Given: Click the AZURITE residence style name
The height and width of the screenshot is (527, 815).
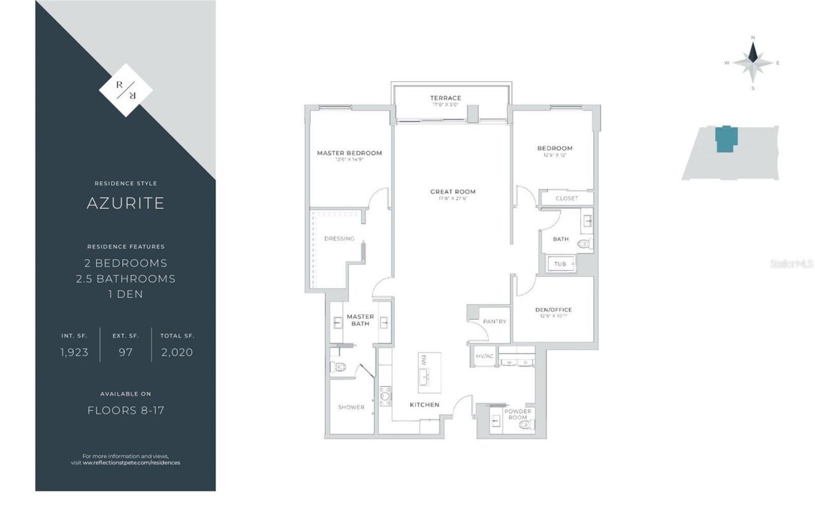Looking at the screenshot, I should tap(125, 203).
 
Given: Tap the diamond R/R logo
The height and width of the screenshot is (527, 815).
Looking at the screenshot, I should tap(125, 90).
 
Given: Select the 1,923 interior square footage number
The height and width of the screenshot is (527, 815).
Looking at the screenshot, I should tap(74, 352).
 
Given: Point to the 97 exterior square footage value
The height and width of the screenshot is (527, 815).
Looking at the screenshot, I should tap(125, 352).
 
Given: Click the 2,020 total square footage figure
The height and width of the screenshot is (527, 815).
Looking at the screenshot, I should tap(177, 352).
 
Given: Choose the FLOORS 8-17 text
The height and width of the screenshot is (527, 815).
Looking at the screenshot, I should tap(125, 411).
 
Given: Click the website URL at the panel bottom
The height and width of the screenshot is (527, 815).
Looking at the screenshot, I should tap(131, 463).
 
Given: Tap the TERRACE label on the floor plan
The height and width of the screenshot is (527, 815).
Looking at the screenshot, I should tap(446, 98).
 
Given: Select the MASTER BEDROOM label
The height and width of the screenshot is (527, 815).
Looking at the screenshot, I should tap(350, 153).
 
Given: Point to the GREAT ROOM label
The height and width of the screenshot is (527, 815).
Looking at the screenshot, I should tap(453, 192).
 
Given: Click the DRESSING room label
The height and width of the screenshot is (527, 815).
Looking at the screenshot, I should tap(339, 239).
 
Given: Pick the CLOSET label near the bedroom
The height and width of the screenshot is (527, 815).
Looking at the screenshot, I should tap(567, 199).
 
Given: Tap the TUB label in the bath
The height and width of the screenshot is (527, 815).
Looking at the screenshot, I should tap(560, 264).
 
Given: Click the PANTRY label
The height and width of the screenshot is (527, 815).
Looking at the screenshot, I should tap(495, 322).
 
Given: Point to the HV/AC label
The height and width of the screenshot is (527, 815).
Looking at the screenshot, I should tap(485, 356).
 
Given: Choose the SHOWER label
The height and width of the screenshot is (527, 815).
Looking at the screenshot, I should tap(351, 407).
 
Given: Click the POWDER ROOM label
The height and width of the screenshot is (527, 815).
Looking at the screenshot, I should tap(518, 414).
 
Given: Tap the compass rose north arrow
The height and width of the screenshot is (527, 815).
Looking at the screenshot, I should tap(753, 51).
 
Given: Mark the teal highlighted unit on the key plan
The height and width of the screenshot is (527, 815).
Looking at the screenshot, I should tap(726, 139).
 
